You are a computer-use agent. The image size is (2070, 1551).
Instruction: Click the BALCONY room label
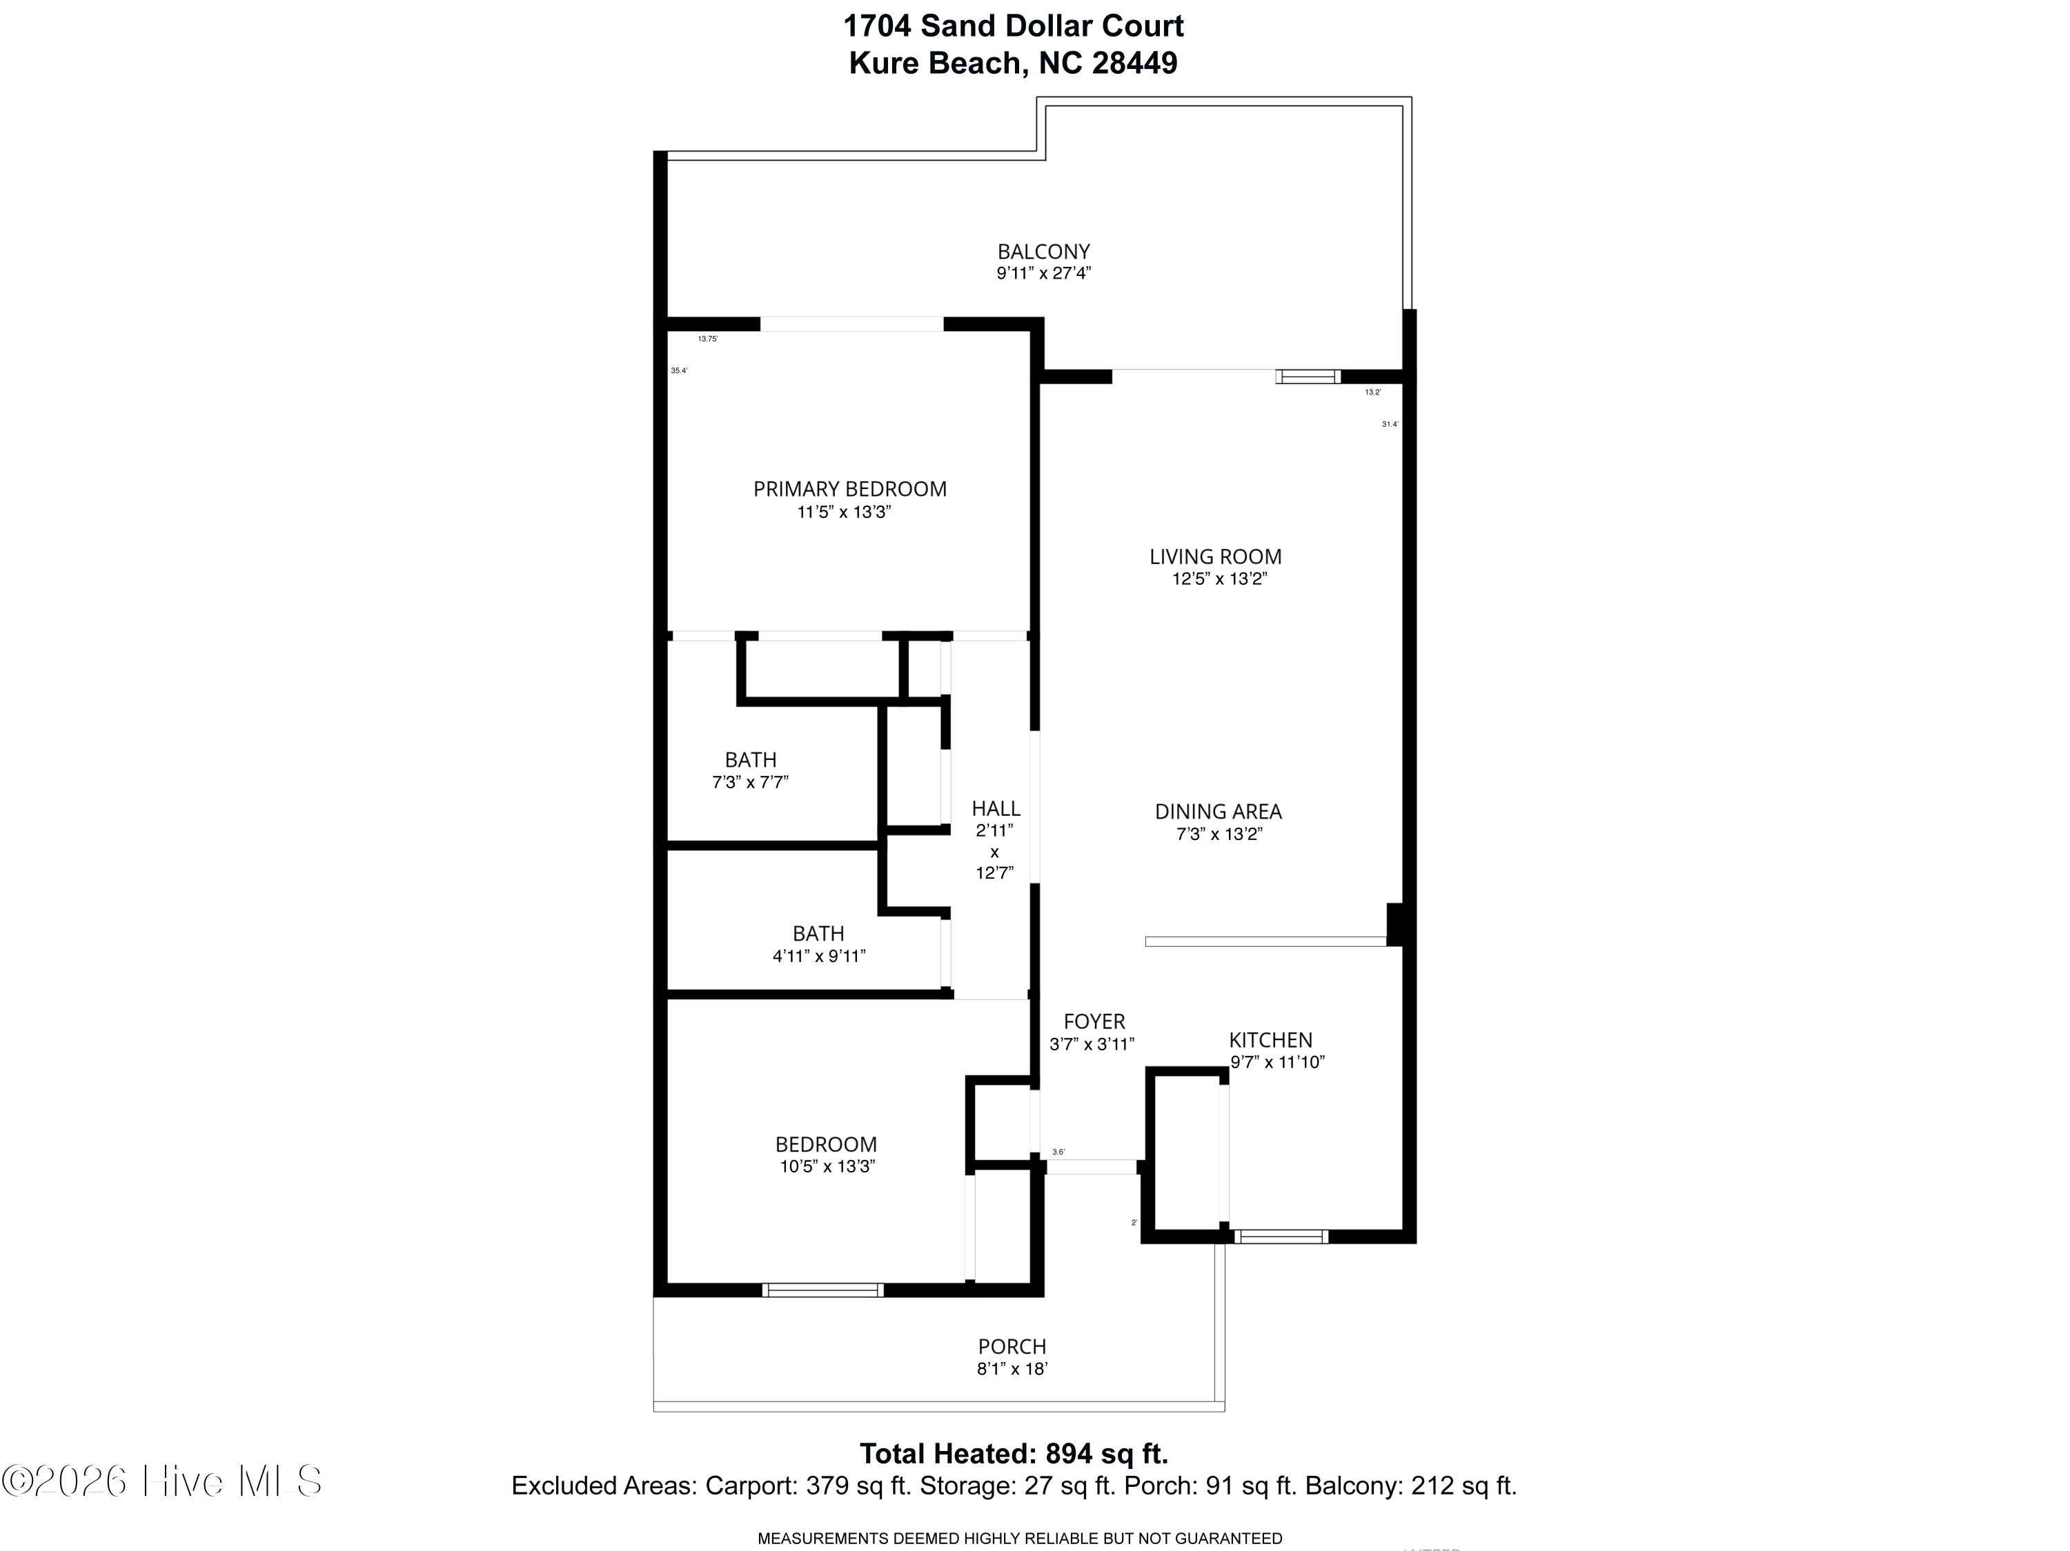pos(1043,252)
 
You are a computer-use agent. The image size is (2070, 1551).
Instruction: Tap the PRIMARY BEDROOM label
pos(849,488)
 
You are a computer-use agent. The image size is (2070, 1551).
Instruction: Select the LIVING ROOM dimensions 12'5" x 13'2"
pos(1219,579)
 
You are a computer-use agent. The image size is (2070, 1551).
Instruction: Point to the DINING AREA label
pos(1217,811)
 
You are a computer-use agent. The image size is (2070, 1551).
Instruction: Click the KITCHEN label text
pos(1270,1039)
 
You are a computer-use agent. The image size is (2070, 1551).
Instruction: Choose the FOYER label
pos(1093,1021)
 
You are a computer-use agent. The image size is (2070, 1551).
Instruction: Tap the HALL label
pos(995,808)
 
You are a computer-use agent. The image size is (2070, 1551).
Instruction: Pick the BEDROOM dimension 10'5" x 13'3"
pos(827,1166)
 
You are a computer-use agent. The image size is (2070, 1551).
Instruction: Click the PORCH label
pos(1012,1346)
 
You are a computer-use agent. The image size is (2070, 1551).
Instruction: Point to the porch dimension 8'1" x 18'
pos(1012,1368)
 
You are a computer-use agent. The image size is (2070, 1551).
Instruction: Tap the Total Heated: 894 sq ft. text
pos(1014,1454)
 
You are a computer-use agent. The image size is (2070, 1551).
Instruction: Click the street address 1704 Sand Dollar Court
pos(1012,26)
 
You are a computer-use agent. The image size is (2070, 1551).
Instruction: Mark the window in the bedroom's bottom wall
pos(822,1290)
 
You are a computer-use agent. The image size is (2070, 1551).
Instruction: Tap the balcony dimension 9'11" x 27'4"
pos(1043,274)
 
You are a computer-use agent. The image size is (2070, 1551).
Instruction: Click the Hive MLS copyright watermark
pos(162,1481)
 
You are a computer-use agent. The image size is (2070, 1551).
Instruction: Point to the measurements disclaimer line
pos(1019,1538)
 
